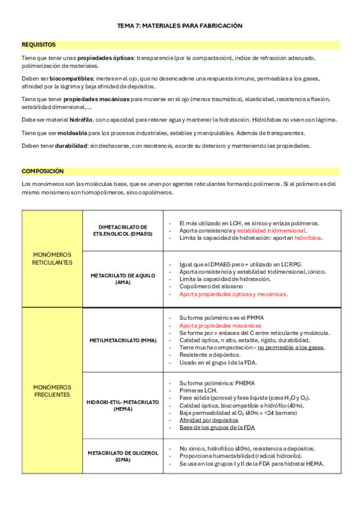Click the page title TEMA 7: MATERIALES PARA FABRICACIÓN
coord(179,26)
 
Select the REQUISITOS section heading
coord(38,45)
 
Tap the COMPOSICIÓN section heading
coord(42,171)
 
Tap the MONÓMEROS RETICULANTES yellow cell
coord(52,259)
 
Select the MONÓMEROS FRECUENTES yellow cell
coord(52,391)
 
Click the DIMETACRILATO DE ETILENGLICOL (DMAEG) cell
coord(123,231)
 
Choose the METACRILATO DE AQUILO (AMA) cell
coord(123,278)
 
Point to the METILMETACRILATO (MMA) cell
coord(123,340)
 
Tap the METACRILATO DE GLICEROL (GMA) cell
coord(123,456)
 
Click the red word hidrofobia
coord(308,238)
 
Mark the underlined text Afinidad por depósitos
coord(209,420)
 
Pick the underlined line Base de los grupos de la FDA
coord(217,428)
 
